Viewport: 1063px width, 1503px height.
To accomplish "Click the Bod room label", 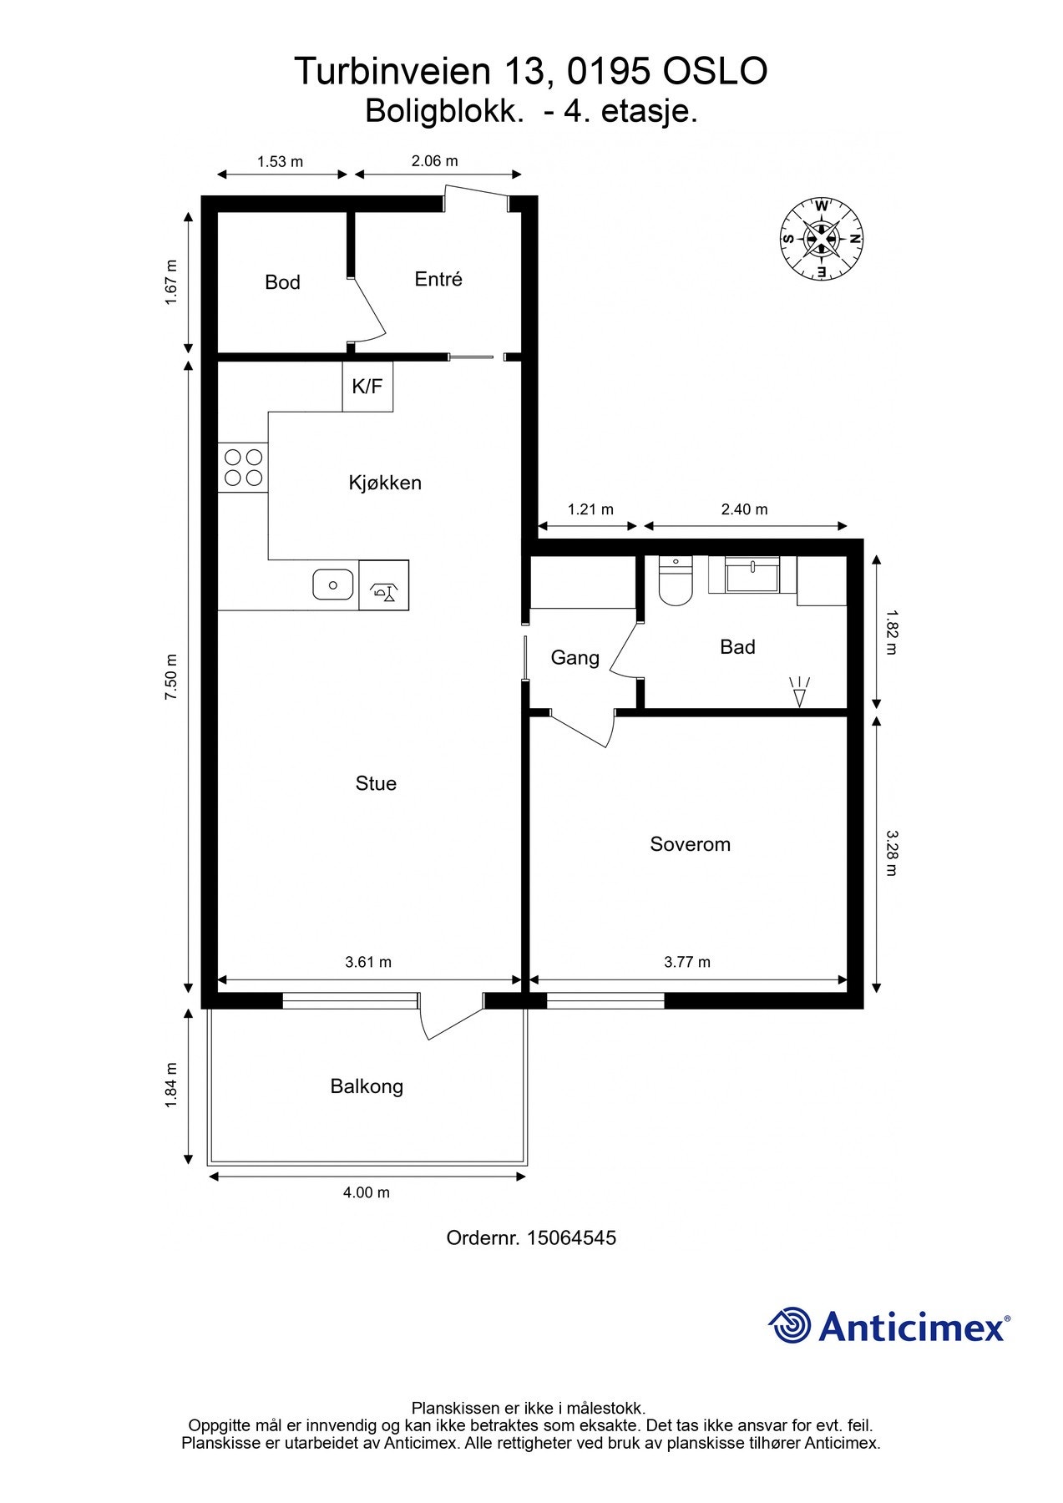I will click(282, 282).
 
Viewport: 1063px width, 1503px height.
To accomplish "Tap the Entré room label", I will click(438, 279).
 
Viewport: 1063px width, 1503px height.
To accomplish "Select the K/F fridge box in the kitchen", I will click(367, 387).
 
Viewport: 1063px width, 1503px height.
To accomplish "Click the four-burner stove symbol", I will click(243, 468).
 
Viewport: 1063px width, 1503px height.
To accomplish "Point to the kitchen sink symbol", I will click(332, 584).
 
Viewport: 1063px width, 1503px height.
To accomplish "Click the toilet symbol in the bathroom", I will click(675, 582).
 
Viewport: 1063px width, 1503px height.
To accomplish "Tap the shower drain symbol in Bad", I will click(799, 692).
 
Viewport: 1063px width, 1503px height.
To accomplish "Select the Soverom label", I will click(690, 844).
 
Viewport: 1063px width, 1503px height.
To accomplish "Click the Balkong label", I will click(367, 1086).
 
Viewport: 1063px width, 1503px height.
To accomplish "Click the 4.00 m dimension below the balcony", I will click(367, 1192).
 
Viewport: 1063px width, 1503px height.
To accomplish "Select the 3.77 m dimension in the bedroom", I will click(687, 962).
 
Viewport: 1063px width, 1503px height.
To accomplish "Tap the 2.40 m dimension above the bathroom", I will click(744, 509).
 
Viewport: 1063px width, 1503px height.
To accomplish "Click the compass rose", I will click(822, 239).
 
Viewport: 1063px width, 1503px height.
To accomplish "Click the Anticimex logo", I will click(889, 1325).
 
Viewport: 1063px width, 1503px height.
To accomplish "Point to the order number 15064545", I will click(572, 1237).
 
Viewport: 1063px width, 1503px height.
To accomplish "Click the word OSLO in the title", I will click(715, 72).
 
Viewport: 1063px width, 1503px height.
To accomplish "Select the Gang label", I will click(575, 658).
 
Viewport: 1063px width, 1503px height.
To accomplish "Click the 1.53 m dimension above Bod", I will click(280, 162).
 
